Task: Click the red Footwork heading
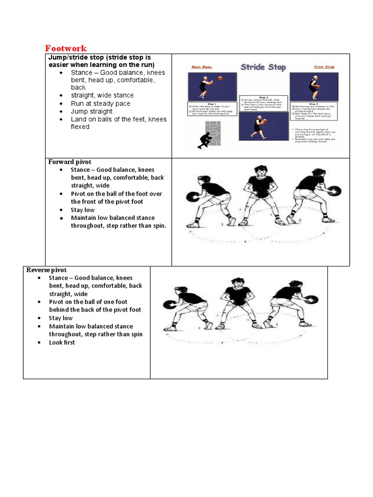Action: click(x=66, y=48)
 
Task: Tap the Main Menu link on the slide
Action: click(x=203, y=66)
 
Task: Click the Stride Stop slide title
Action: click(x=263, y=67)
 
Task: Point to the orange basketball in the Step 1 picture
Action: click(x=220, y=78)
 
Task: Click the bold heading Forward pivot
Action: click(x=69, y=162)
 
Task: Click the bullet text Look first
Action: click(x=62, y=343)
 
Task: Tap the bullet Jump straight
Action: click(x=92, y=111)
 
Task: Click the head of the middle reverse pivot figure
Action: click(x=237, y=282)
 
